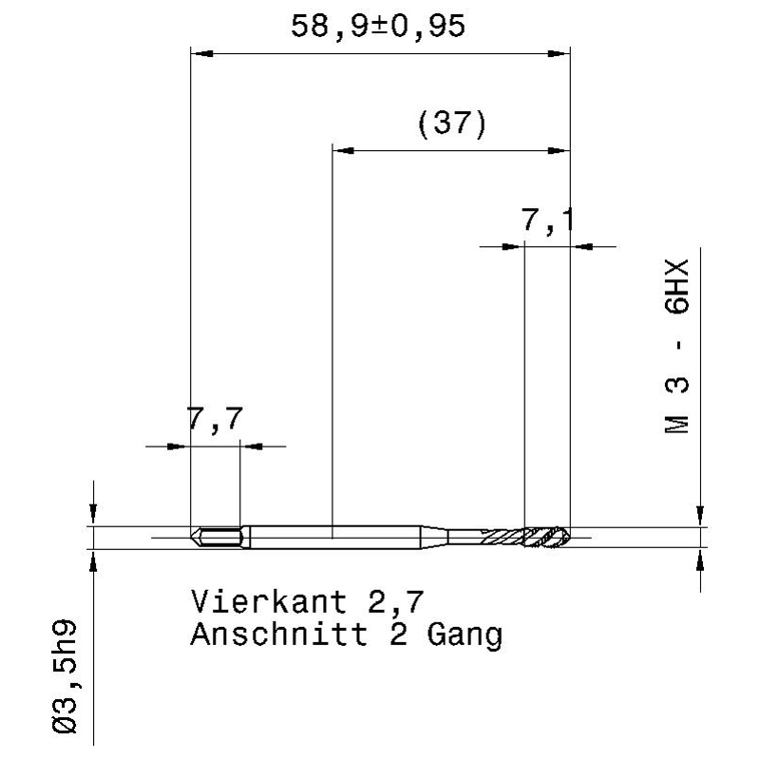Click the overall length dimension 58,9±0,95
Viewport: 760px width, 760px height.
pyautogui.click(x=378, y=27)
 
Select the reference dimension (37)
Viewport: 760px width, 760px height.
pyautogui.click(x=452, y=123)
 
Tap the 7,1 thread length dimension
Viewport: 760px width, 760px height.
pyautogui.click(x=548, y=220)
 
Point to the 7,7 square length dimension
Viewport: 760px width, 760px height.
pyautogui.click(x=215, y=419)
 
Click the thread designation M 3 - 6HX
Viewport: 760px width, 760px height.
pyautogui.click(x=676, y=347)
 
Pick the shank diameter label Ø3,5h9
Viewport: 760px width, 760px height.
pyautogui.click(x=64, y=676)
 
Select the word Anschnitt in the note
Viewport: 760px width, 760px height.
pyautogui.click(x=278, y=634)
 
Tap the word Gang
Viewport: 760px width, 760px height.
pyautogui.click(x=465, y=636)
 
